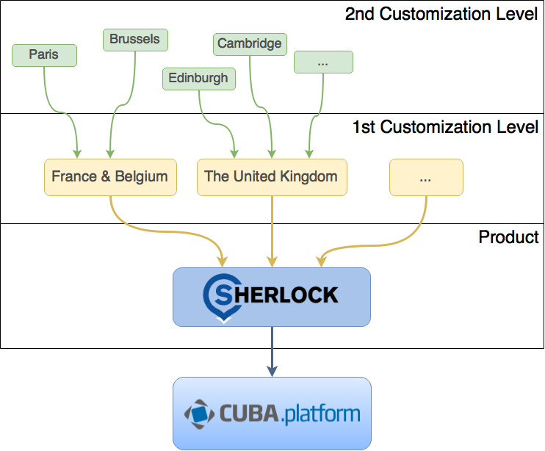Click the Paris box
click(x=44, y=54)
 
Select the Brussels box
click(x=134, y=39)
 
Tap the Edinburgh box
click(x=198, y=78)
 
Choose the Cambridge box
click(x=250, y=43)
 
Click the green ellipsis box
click(x=323, y=62)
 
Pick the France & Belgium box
click(x=110, y=177)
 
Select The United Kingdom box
click(x=272, y=177)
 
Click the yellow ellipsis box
click(x=426, y=177)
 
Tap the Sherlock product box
click(x=272, y=297)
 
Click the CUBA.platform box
click(x=272, y=414)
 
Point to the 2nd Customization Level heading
click(x=441, y=14)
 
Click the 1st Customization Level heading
click(x=445, y=126)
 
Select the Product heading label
click(x=508, y=237)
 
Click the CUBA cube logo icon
click(x=199, y=414)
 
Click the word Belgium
click(x=142, y=176)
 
